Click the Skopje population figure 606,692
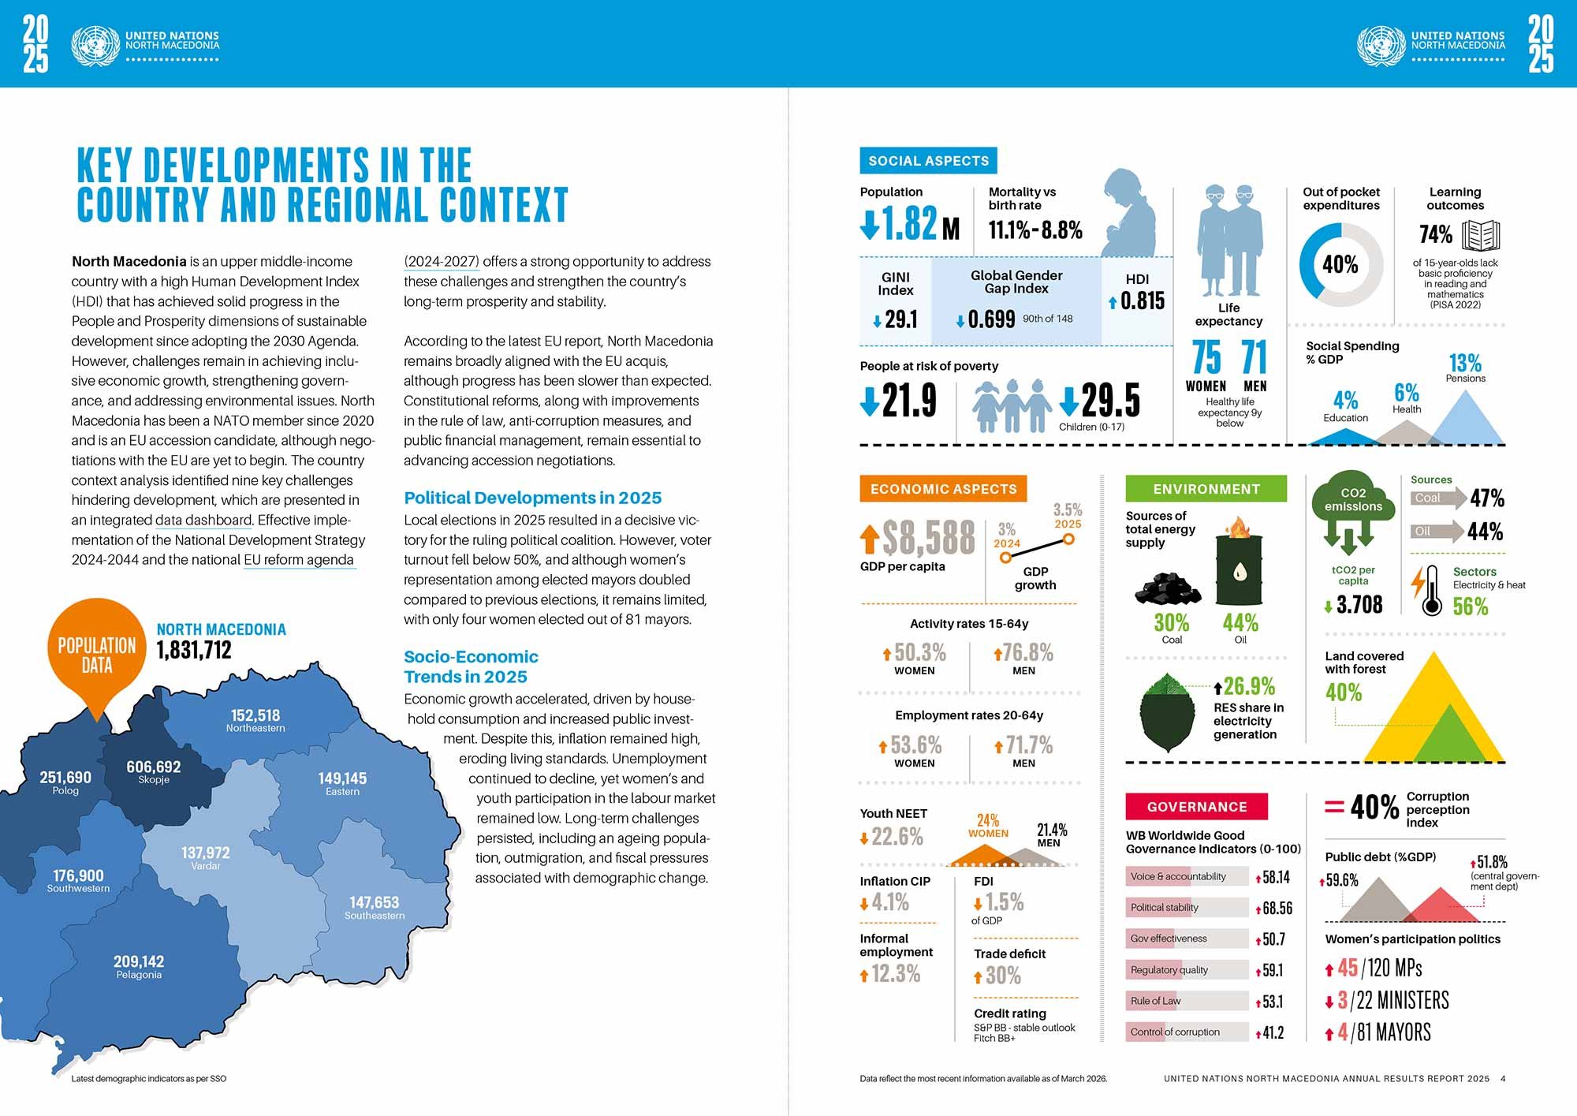tap(154, 767)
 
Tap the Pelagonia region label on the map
tap(139, 975)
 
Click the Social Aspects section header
tap(928, 161)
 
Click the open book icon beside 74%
tap(1481, 235)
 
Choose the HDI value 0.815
tap(1143, 300)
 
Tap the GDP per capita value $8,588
tap(930, 538)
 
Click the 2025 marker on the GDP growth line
tap(1068, 539)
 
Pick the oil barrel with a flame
tap(1240, 561)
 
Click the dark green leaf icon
tap(1167, 713)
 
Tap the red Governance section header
tap(1197, 807)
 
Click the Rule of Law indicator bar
tap(1187, 1001)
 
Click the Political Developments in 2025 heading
tap(533, 498)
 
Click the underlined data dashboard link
tap(203, 521)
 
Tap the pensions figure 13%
tap(1465, 363)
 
